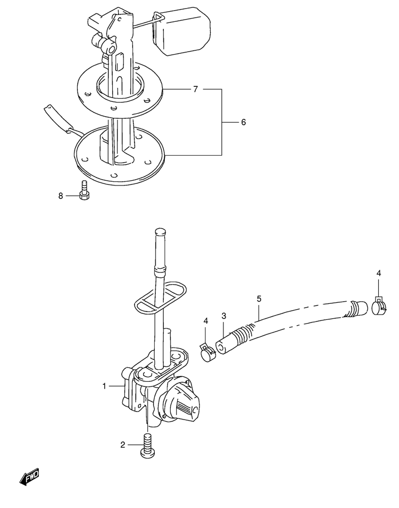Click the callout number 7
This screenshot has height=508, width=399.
click(195, 89)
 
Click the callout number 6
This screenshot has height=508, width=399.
click(243, 122)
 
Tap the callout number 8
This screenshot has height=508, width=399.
click(61, 196)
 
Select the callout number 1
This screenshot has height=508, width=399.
click(104, 386)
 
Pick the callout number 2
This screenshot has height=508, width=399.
click(122, 445)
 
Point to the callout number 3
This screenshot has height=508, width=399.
click(224, 316)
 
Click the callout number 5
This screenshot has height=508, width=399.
click(259, 299)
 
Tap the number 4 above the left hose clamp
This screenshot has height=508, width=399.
click(206, 321)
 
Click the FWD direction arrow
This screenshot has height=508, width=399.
click(29, 477)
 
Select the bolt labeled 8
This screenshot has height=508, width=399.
click(84, 190)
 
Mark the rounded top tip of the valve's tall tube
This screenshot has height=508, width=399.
click(160, 231)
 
